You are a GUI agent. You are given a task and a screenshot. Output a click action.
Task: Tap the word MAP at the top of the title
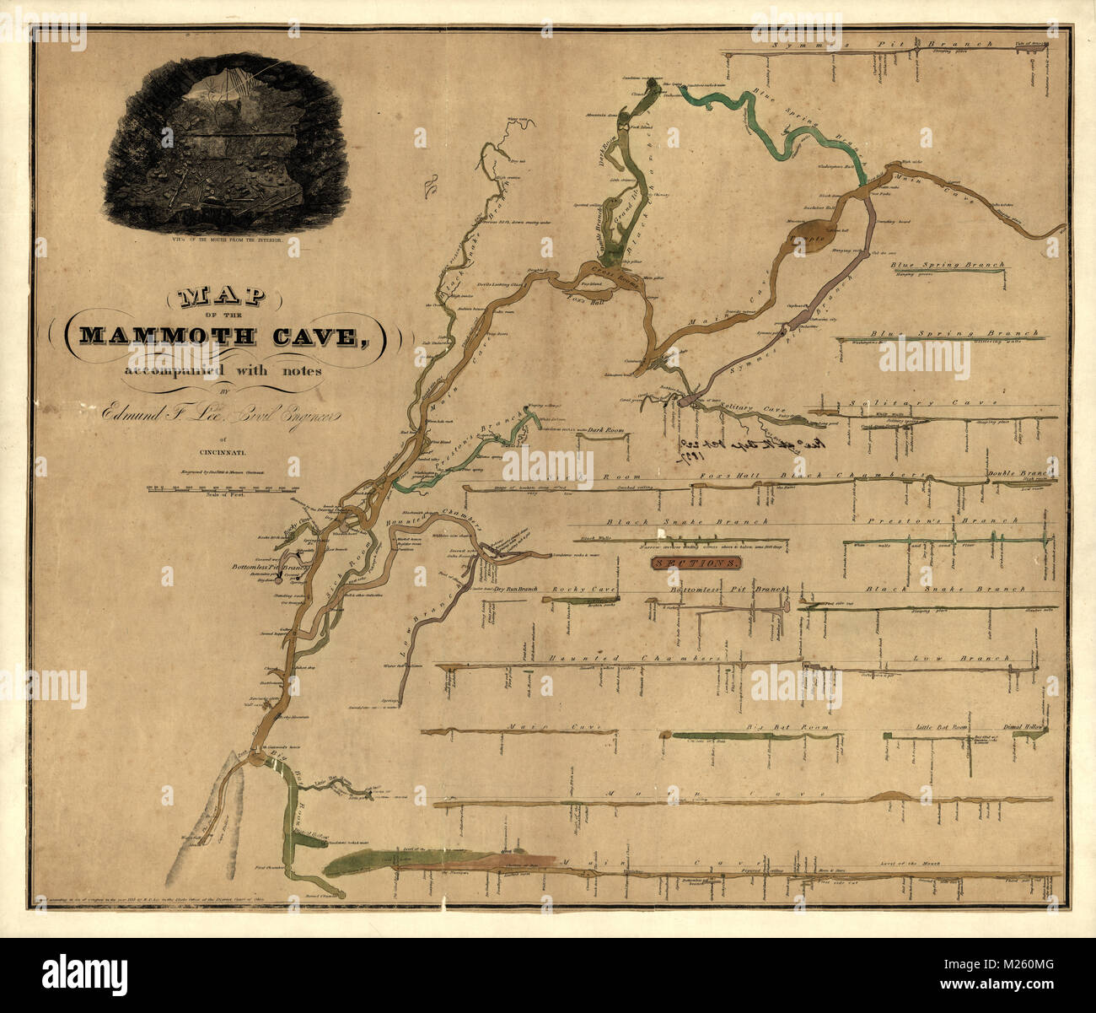(221, 297)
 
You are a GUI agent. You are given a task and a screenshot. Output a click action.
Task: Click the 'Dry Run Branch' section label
(516, 590)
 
